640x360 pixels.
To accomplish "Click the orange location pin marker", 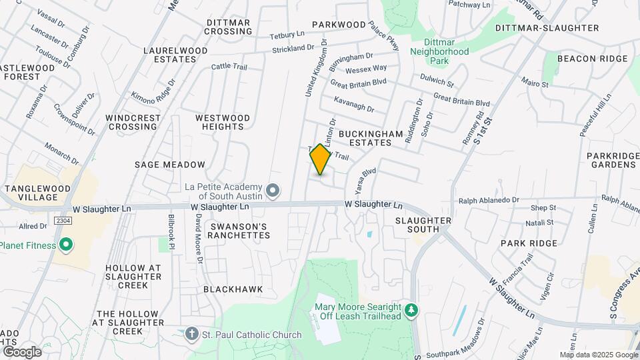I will pos(321,159).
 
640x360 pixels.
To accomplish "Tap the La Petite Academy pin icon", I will pos(272,191).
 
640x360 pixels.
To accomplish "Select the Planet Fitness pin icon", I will pos(65,245).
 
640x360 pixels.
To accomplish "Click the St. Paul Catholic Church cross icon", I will pos(192,334).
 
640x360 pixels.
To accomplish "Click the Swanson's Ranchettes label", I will pos(239,231).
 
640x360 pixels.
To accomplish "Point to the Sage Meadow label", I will pos(169,164).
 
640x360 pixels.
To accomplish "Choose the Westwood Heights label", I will pos(223,122).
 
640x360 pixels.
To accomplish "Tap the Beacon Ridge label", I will pos(592,59).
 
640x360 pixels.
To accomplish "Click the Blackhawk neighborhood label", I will pos(233,289).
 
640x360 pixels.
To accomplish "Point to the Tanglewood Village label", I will pos(37,193).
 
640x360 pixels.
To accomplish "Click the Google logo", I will pos(22,352).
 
